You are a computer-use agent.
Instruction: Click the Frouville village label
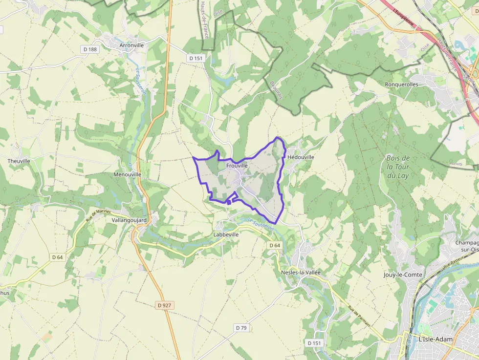[238, 166]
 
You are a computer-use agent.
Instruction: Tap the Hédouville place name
[301, 157]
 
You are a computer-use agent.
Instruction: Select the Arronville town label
[132, 45]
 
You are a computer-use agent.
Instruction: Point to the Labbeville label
[226, 234]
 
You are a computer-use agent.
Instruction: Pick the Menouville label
[127, 174]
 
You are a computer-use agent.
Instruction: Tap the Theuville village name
[19, 161]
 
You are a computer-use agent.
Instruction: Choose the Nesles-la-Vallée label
[301, 272]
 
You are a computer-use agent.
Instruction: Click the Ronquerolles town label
[401, 84]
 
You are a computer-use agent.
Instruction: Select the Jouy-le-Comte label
[403, 275]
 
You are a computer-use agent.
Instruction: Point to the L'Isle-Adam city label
[436, 339]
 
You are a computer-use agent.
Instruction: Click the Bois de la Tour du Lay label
[398, 167]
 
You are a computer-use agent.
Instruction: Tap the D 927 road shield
[165, 305]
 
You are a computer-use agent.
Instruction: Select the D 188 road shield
[90, 49]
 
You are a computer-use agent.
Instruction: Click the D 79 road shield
[241, 327]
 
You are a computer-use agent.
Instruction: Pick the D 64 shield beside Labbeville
[274, 245]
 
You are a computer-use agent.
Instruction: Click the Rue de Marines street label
[98, 215]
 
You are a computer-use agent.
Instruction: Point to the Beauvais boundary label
[276, 89]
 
